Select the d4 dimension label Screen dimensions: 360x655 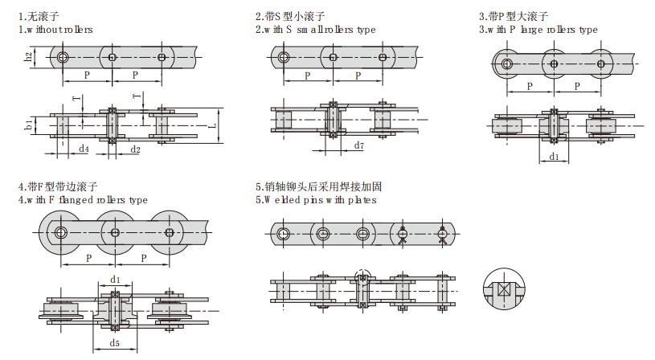[84, 149]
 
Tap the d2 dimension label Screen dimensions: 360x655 [135, 149]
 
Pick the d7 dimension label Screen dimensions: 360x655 [358, 145]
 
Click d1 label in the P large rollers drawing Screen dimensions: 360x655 [555, 156]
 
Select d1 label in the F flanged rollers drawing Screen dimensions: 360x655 [115, 280]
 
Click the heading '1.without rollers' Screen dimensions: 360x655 [55, 30]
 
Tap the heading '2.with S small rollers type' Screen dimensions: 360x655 [315, 30]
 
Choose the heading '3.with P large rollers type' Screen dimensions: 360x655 [538, 30]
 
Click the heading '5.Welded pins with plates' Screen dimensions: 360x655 [315, 199]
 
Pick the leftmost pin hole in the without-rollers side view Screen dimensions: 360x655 [63, 56]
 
